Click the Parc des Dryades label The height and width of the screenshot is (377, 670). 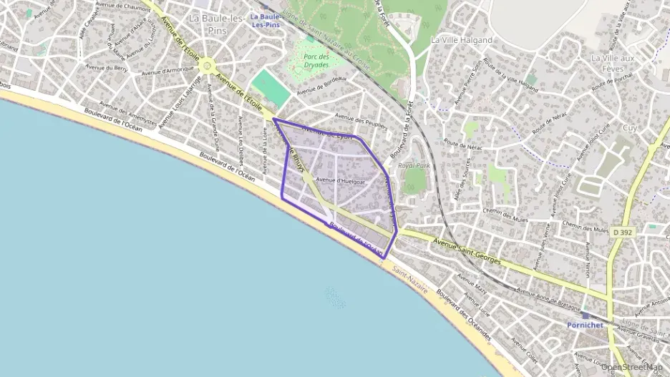click(x=316, y=59)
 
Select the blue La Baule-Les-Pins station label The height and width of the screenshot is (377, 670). click(x=266, y=20)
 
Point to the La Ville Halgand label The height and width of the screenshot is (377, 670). click(x=462, y=40)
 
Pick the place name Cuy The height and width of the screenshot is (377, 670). click(x=630, y=127)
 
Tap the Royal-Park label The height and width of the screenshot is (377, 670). click(x=414, y=165)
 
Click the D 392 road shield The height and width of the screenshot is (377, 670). click(x=621, y=232)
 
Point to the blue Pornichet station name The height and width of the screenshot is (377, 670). click(x=585, y=324)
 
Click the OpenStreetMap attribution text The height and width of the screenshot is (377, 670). click(x=631, y=366)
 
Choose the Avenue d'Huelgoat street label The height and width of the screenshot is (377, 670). click(x=341, y=182)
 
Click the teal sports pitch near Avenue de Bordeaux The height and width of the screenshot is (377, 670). click(x=271, y=88)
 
